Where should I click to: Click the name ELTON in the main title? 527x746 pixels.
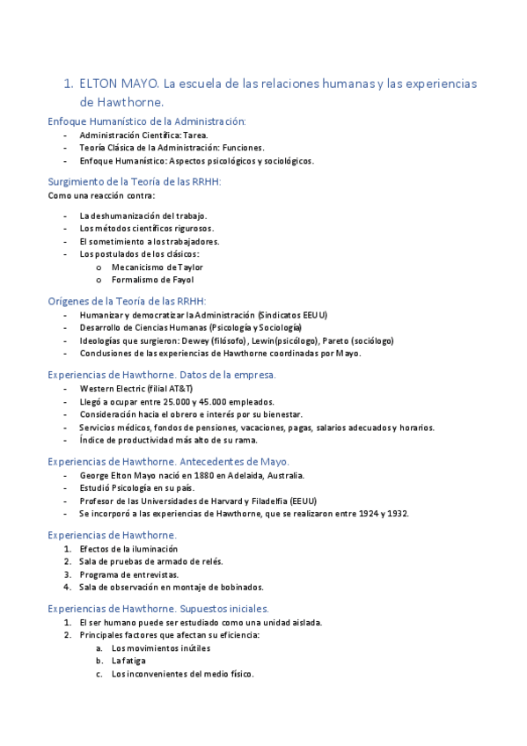(x=99, y=84)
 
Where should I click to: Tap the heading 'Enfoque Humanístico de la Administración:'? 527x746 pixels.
(x=146, y=121)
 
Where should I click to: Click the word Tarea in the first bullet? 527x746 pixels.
(x=194, y=135)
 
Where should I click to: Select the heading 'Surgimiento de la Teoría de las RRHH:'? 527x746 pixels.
(x=134, y=180)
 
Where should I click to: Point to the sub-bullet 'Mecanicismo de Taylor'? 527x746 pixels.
(x=157, y=267)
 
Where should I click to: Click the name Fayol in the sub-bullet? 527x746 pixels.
(x=181, y=279)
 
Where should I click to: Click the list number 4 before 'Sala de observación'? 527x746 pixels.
(x=67, y=587)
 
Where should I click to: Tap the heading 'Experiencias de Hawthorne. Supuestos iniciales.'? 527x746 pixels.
(x=157, y=608)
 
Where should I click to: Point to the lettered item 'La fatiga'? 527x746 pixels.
(x=128, y=661)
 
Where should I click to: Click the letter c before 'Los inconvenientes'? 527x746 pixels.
(x=99, y=674)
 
